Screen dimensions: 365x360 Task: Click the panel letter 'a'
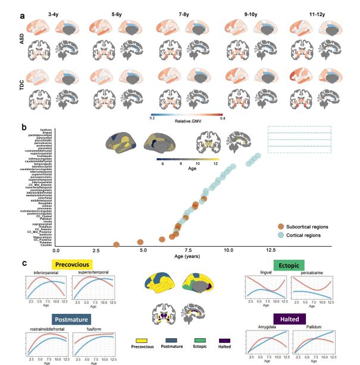[22, 15]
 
